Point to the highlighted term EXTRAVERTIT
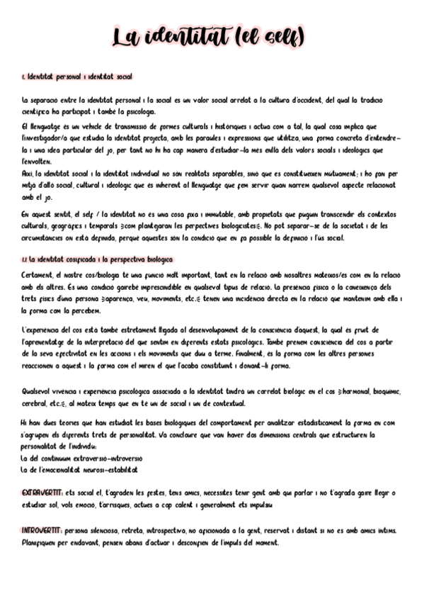tap(42, 493)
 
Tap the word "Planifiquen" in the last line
tap(41, 542)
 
